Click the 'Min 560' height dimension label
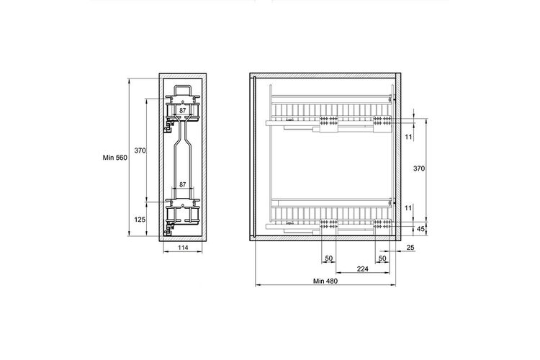115,158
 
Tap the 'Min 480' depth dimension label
325,281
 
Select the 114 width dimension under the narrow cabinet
183,248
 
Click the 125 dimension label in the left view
140,219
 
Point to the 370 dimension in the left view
140,150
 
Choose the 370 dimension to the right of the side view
419,168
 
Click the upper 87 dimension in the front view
183,111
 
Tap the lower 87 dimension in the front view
183,184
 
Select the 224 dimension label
363,269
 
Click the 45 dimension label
420,229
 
